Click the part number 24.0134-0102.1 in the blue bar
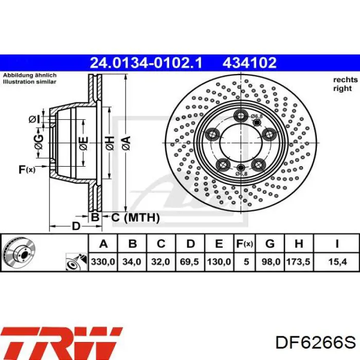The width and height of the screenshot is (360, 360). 146,63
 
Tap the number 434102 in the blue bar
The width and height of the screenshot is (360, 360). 249,63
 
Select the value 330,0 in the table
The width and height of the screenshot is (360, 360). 103,262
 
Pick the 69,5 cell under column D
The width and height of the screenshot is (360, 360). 189,262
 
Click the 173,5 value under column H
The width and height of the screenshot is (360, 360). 298,262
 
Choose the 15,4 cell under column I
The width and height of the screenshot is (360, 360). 337,262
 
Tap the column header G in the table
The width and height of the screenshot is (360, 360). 270,244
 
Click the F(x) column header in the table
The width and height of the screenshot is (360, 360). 244,244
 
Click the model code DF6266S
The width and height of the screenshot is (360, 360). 316,343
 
